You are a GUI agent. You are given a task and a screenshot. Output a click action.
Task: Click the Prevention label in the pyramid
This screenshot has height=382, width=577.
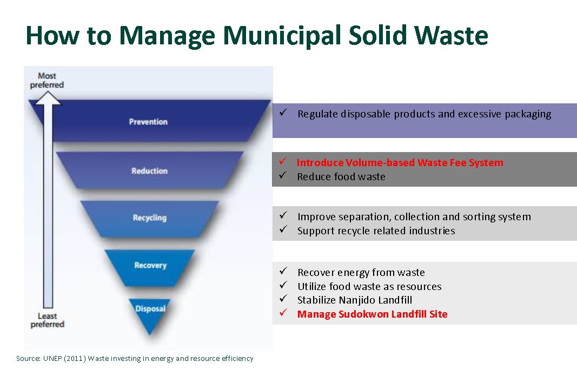(148, 122)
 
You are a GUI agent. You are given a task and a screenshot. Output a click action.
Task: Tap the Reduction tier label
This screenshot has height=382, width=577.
(149, 171)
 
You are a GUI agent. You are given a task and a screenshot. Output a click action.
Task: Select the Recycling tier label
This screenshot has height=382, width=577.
(149, 218)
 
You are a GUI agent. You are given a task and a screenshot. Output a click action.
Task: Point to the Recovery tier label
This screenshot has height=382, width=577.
(150, 265)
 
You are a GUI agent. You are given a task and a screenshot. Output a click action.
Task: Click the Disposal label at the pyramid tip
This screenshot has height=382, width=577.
(150, 309)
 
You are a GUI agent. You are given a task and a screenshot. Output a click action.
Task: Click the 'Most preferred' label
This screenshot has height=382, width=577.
(47, 80)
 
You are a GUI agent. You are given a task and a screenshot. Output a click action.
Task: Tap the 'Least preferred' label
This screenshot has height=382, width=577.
(47, 320)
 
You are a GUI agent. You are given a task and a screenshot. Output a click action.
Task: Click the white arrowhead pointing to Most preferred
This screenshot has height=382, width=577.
(48, 98)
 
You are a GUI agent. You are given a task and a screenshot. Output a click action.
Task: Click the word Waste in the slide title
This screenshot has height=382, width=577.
(451, 35)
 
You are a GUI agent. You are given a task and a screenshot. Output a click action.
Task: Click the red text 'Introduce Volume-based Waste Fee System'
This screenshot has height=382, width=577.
(400, 162)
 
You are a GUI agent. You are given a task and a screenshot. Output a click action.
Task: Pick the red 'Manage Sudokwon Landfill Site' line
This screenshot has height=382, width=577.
(373, 314)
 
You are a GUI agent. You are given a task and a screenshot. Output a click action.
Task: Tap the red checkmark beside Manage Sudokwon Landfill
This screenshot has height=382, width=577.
(283, 313)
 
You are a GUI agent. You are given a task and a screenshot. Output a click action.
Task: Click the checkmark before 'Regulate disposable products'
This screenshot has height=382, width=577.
(283, 113)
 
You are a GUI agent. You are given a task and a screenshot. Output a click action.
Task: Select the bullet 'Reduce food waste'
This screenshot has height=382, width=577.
(341, 177)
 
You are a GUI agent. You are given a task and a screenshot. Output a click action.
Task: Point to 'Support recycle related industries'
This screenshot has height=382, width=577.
(376, 231)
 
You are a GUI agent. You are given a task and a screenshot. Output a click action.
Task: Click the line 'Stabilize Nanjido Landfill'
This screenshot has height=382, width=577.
(355, 300)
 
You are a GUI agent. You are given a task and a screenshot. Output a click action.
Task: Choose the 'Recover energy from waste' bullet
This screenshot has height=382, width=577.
(361, 273)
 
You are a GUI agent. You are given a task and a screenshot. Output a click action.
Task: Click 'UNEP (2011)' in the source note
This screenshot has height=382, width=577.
(64, 358)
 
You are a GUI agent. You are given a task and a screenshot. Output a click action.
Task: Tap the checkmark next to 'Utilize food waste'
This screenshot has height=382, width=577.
(283, 285)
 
